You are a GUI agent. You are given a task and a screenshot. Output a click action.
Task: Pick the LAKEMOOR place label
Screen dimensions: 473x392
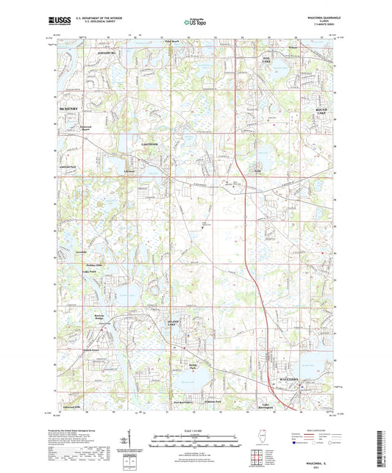(x=151, y=145)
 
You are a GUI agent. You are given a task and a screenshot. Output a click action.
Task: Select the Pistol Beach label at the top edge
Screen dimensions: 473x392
(x=171, y=42)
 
